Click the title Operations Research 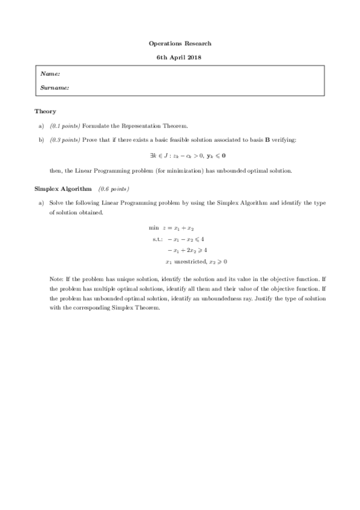tap(180, 44)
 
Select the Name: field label tap(50, 74)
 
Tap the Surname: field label tap(54, 88)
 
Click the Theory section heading tap(45, 111)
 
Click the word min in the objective tap(153, 229)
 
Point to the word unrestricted tap(190, 262)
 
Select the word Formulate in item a tap(95, 126)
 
